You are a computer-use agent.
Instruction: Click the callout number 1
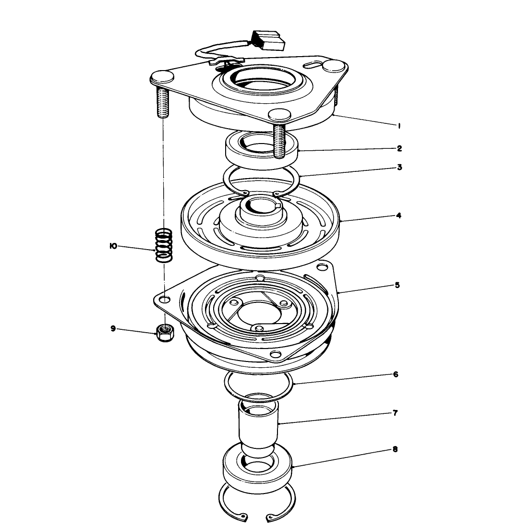tap(399, 126)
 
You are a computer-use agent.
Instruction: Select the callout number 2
tap(399, 148)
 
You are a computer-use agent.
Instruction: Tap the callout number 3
tap(399, 167)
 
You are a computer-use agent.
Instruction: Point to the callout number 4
tap(398, 215)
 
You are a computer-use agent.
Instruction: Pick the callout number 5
tap(397, 285)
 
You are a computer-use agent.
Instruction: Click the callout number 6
tap(396, 374)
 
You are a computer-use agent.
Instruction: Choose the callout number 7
tap(395, 413)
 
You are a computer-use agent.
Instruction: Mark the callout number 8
tap(395, 449)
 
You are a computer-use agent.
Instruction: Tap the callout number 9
tap(113, 328)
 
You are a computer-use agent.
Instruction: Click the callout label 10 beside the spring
tap(113, 246)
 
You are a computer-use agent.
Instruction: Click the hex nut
tap(165, 333)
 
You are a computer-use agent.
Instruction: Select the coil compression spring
tap(164, 245)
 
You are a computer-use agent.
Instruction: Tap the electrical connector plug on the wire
tap(269, 40)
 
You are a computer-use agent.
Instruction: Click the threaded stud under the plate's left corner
tap(162, 102)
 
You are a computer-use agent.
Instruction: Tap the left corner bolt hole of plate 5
tap(165, 299)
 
